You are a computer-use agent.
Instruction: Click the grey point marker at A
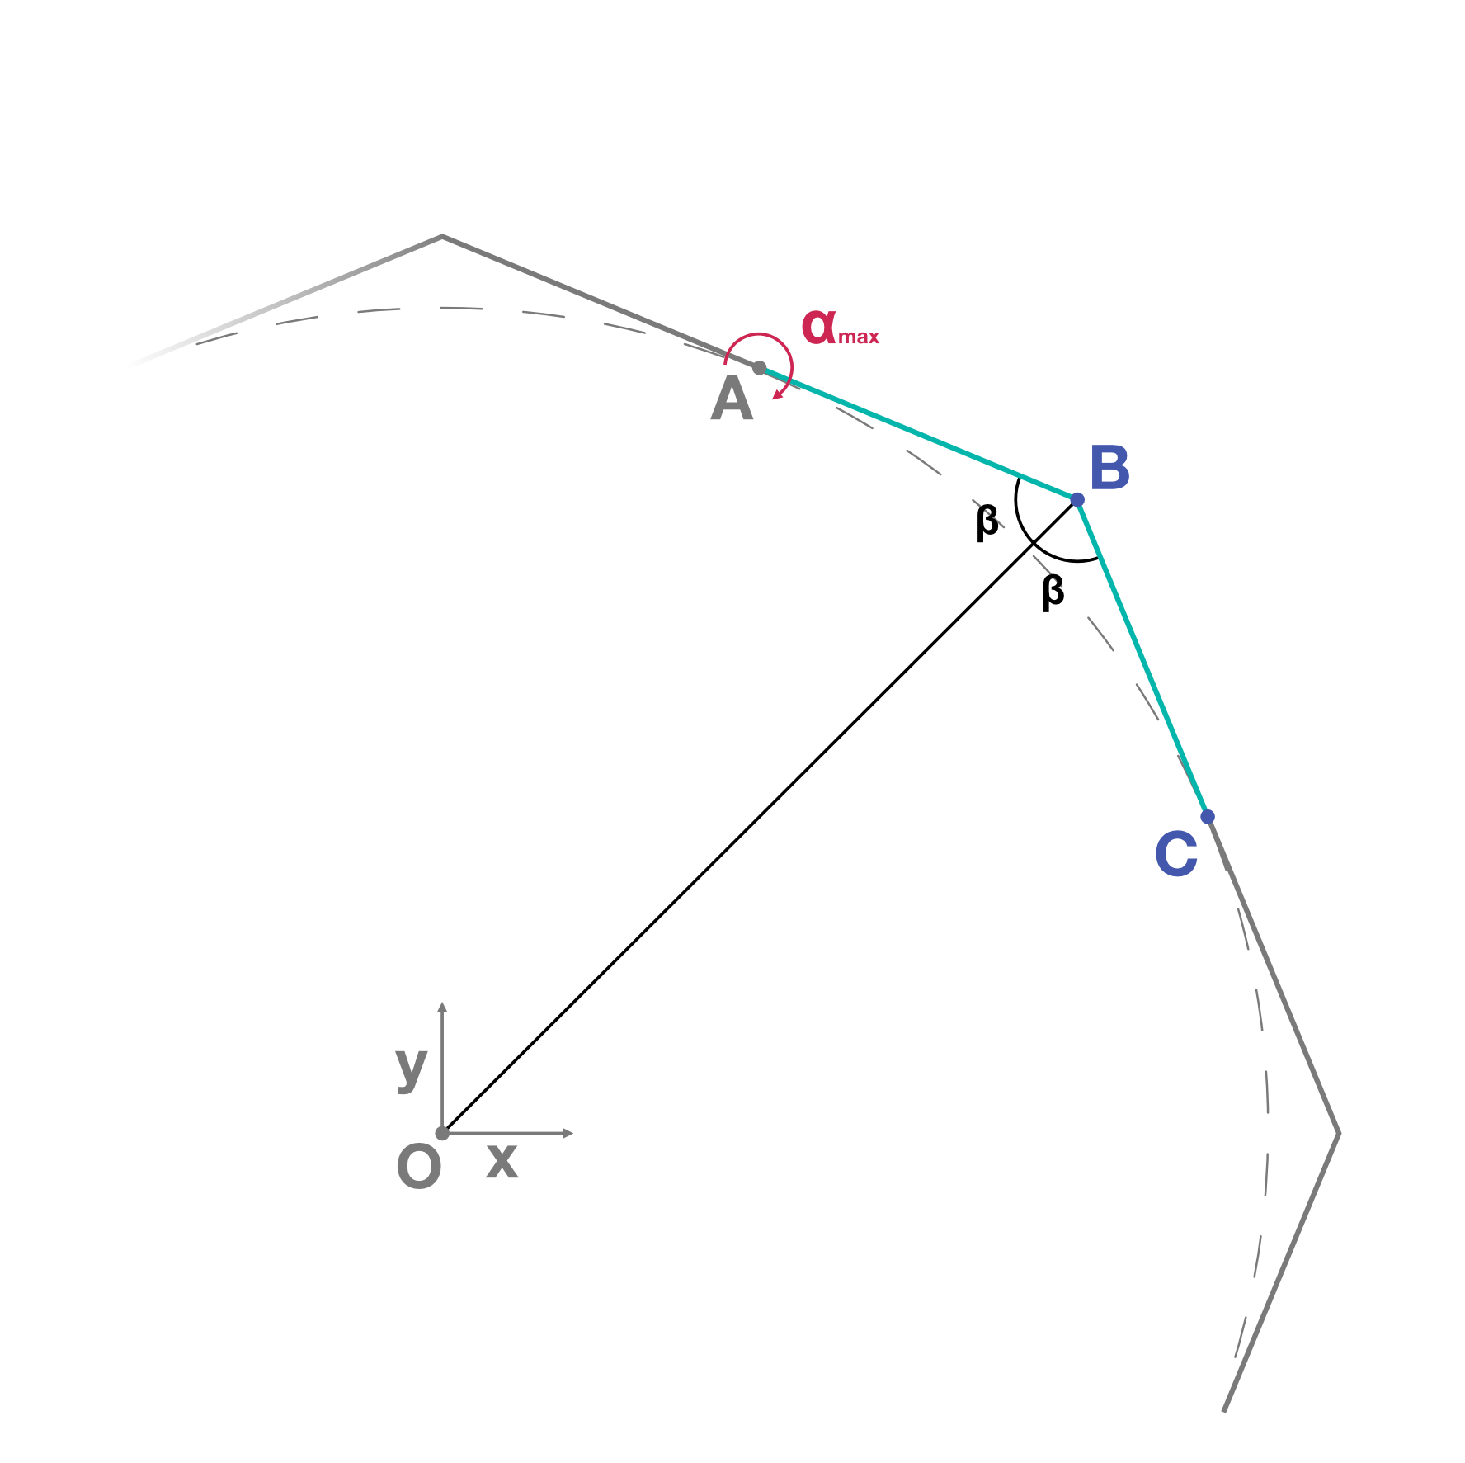pyautogui.click(x=760, y=367)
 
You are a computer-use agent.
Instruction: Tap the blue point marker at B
pyautogui.click(x=1077, y=499)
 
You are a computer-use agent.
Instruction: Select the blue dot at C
pyautogui.click(x=1208, y=816)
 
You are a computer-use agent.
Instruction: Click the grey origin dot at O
pyautogui.click(x=442, y=1133)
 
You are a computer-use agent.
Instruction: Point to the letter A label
pyautogui.click(x=732, y=399)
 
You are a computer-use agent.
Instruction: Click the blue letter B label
pyautogui.click(x=1109, y=468)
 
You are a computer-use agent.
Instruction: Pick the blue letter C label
pyautogui.click(x=1176, y=854)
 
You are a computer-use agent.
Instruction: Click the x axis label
pyautogui.click(x=502, y=1160)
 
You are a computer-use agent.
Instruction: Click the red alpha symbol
pyautogui.click(x=819, y=326)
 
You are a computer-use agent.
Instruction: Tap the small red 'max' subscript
pyautogui.click(x=859, y=337)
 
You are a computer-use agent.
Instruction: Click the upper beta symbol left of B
pyautogui.click(x=987, y=521)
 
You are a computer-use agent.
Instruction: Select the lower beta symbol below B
pyautogui.click(x=1053, y=592)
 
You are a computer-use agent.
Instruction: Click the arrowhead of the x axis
pyautogui.click(x=568, y=1133)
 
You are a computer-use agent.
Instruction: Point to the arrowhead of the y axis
pyautogui.click(x=442, y=1008)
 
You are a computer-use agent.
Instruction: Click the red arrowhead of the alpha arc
pyautogui.click(x=777, y=394)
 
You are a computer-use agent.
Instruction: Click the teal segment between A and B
pyautogui.click(x=918, y=433)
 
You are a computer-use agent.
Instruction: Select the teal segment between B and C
pyautogui.click(x=1142, y=658)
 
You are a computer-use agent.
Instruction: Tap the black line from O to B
pyautogui.click(x=760, y=816)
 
